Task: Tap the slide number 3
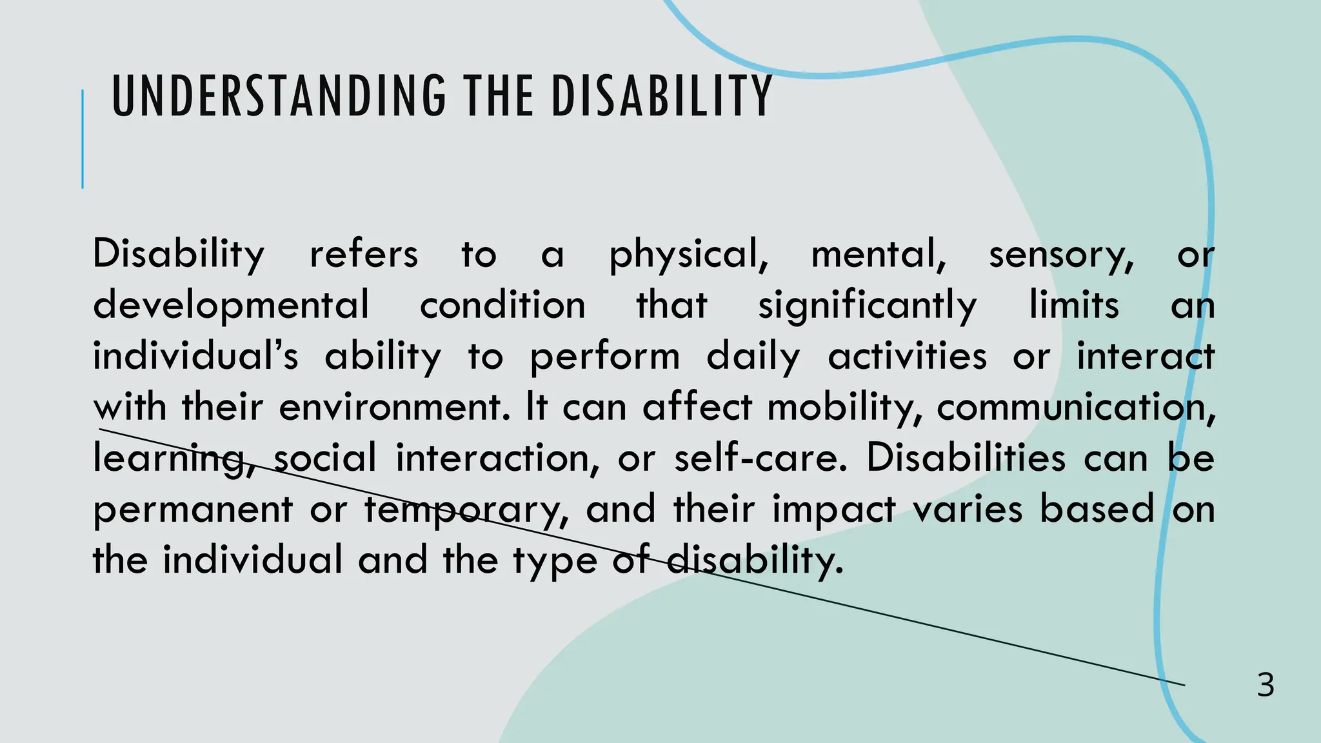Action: click(1266, 685)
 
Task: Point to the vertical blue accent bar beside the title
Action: click(83, 139)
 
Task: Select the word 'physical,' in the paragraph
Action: click(689, 255)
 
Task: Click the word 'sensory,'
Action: click(1061, 255)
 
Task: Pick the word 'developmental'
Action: click(232, 306)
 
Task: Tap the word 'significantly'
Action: click(867, 306)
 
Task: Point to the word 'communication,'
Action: click(1076, 408)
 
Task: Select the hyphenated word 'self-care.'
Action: click(760, 459)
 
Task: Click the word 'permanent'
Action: click(192, 510)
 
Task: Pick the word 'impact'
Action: click(835, 510)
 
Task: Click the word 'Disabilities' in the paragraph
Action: click(966, 459)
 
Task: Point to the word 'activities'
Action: click(907, 357)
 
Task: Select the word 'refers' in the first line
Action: click(364, 255)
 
